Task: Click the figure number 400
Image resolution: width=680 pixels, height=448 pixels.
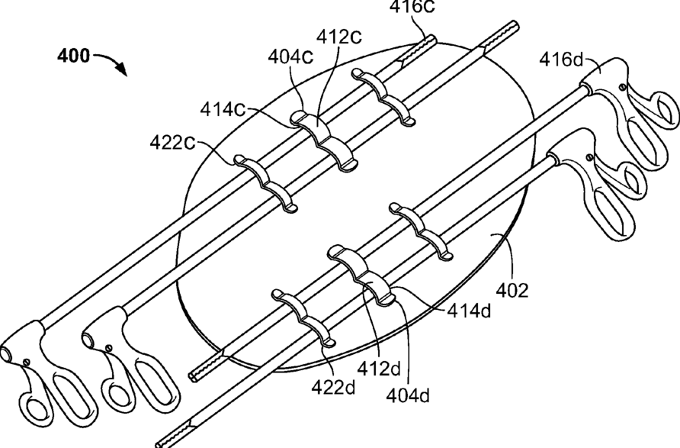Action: tap(74, 56)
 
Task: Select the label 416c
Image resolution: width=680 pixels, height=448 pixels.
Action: tap(412, 6)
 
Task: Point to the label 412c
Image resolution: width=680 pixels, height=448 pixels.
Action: tap(339, 37)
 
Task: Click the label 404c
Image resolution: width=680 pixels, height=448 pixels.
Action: tap(290, 56)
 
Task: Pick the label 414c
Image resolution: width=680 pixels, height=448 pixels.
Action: tap(223, 109)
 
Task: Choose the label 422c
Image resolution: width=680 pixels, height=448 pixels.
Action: tap(172, 143)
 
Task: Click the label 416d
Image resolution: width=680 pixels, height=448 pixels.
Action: tap(562, 60)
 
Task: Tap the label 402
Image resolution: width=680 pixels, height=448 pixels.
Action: tap(512, 291)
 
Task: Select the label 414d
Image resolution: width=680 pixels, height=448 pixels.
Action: tap(470, 311)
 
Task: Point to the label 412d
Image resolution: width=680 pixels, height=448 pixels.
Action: tap(380, 369)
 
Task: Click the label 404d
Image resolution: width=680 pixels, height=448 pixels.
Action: tap(408, 395)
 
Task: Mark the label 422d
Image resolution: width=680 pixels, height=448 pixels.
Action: tap(333, 387)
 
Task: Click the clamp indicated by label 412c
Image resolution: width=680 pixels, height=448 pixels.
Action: tap(323, 140)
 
